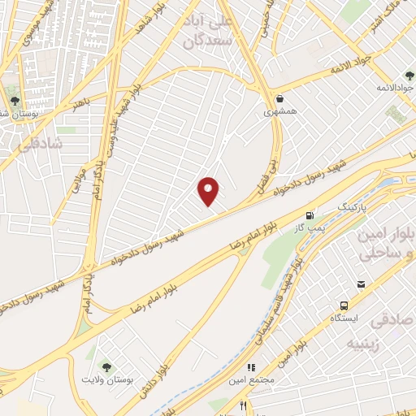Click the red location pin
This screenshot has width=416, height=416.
pos(209,191)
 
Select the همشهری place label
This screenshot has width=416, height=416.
pos(279,112)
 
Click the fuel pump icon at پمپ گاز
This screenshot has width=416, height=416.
pos(309,215)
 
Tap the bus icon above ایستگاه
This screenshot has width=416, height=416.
pos(344,305)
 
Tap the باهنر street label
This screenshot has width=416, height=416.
pos(78,104)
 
